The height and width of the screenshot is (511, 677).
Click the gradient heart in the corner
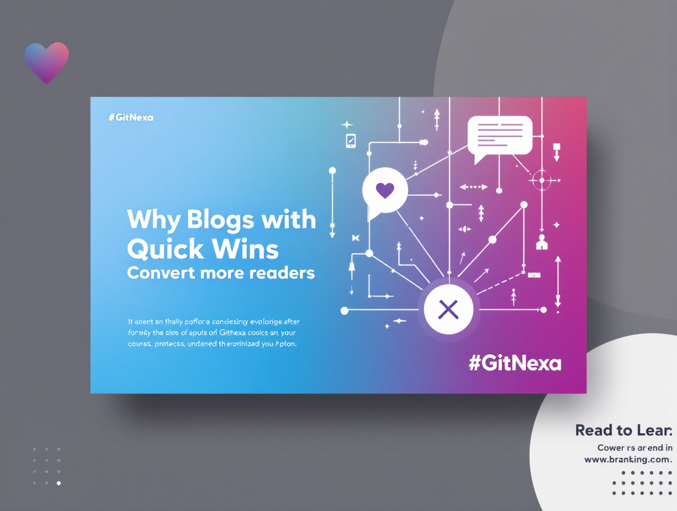click(x=47, y=62)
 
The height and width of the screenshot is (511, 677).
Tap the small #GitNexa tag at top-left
click(x=131, y=117)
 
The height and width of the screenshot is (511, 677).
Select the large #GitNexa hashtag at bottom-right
click(x=515, y=363)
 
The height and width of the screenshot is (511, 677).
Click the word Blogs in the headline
click(x=220, y=220)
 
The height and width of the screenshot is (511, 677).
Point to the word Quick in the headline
click(x=165, y=249)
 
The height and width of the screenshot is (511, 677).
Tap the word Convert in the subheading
click(x=161, y=273)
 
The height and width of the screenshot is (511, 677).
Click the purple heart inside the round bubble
click(x=385, y=190)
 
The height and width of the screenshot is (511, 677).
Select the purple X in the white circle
click(x=448, y=310)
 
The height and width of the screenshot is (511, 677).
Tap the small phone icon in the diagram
click(x=351, y=140)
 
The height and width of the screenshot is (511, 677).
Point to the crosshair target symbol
click(x=542, y=180)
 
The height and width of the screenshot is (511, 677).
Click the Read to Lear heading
click(x=623, y=430)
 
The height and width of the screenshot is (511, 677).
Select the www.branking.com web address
click(x=628, y=459)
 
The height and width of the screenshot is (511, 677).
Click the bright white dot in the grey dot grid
click(x=59, y=483)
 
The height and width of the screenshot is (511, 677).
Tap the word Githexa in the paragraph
click(x=232, y=333)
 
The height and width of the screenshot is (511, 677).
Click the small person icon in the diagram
click(x=542, y=242)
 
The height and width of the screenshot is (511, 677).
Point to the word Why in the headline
click(x=153, y=220)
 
